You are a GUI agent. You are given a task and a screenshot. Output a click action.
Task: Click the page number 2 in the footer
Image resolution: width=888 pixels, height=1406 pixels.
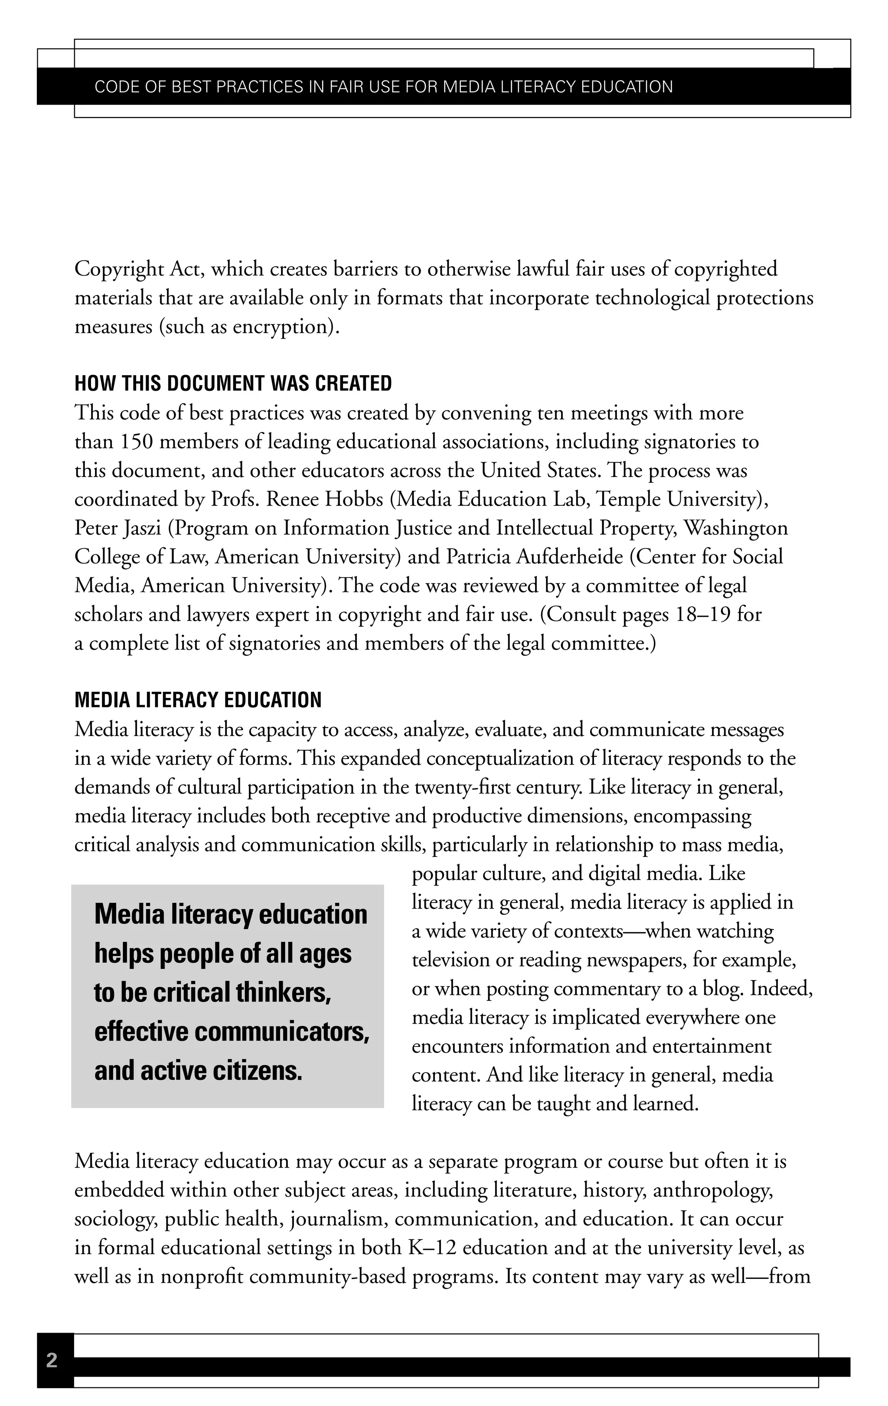52,1360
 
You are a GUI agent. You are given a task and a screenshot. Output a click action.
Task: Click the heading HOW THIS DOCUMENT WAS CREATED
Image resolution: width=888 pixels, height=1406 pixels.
233,384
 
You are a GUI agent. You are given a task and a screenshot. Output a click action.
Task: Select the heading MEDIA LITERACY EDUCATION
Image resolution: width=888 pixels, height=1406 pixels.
198,700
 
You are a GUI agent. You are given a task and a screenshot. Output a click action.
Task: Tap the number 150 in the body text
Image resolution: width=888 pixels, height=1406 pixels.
137,442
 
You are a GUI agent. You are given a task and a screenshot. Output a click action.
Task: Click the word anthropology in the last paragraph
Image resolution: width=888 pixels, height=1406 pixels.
713,1190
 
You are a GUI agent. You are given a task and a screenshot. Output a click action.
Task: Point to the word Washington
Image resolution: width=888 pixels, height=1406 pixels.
736,528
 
